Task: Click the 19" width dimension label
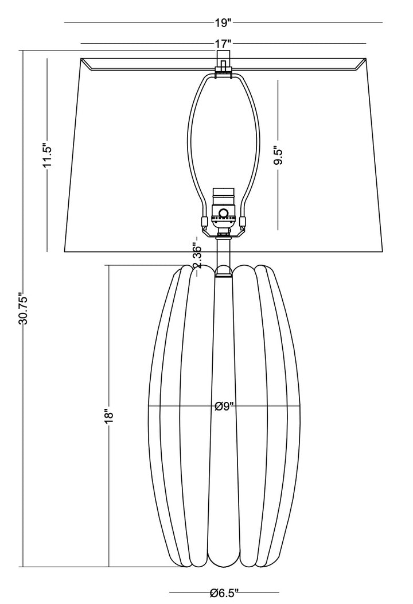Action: [223, 23]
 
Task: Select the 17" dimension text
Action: [223, 44]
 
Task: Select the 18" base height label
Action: [109, 416]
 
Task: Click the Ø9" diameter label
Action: [224, 406]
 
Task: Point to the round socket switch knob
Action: [223, 212]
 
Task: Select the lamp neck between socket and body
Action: [223, 252]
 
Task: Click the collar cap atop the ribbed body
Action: [224, 271]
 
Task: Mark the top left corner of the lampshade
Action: [81, 58]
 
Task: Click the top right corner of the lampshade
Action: [365, 58]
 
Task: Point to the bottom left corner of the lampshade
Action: [64, 252]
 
